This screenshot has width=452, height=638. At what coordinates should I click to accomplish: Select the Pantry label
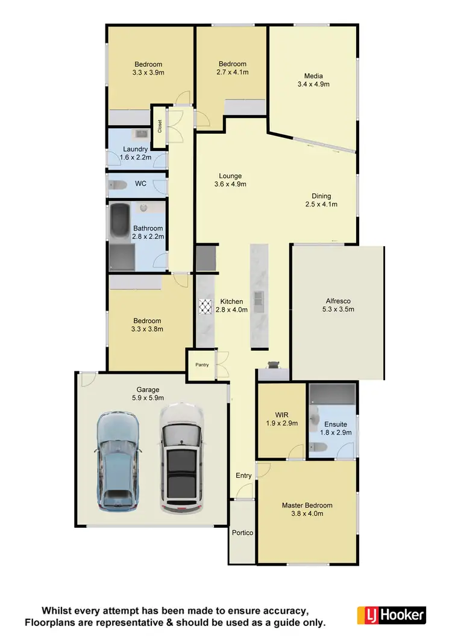(x=201, y=365)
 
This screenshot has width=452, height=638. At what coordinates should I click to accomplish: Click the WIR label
(x=281, y=415)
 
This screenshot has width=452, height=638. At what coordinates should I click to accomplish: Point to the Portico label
(x=242, y=533)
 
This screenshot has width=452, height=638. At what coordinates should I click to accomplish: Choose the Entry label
(x=243, y=475)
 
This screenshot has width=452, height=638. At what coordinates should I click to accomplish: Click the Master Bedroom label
(x=307, y=505)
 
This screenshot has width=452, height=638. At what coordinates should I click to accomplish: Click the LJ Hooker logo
(x=392, y=615)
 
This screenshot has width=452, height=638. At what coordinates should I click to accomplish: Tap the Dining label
(x=321, y=196)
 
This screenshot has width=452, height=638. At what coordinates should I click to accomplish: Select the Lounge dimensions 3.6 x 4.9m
(x=230, y=184)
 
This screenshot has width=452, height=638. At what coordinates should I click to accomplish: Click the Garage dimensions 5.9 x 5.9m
(x=148, y=398)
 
